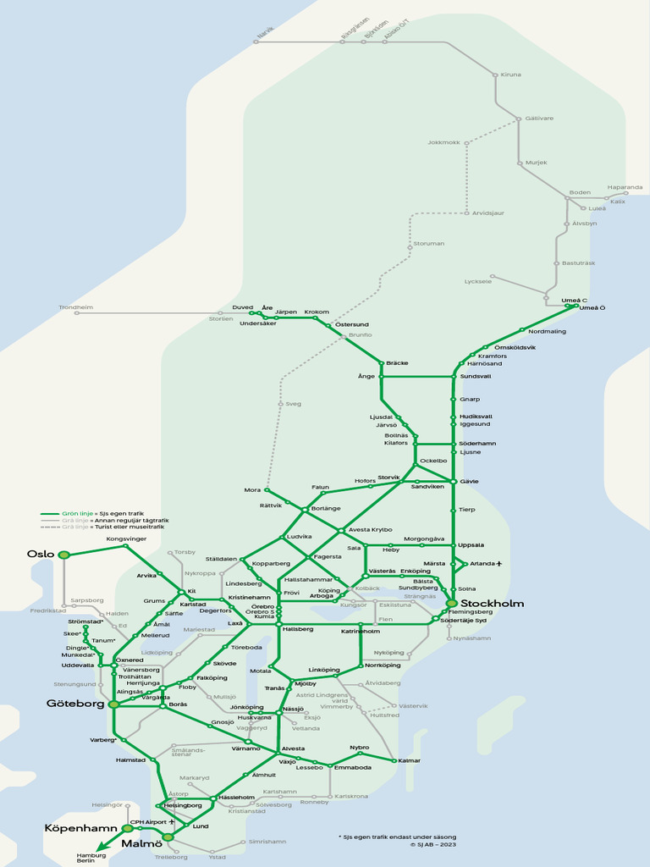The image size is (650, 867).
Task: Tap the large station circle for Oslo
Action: pos(63,555)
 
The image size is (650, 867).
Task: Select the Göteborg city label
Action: pos(74,704)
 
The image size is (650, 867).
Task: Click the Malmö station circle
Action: pos(168,837)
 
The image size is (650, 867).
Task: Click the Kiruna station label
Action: pos(511,75)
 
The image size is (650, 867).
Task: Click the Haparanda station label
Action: pos(625,187)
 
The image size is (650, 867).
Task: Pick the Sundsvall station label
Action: pos(475,376)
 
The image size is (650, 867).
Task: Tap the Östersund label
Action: pos(352,324)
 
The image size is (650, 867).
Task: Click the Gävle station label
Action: pos(469,481)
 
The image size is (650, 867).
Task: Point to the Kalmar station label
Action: pos(409,760)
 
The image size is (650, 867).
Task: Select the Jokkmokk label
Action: pos(443,142)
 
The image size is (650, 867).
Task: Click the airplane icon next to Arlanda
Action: pos(499,563)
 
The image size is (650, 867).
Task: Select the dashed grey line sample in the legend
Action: pos(49,527)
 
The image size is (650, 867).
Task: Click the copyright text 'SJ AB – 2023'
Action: pos(437,843)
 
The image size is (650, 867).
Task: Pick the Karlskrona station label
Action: pos(351,796)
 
